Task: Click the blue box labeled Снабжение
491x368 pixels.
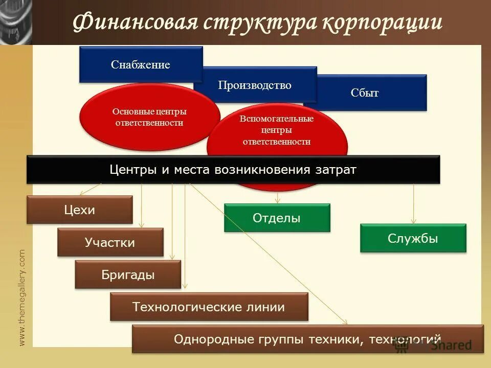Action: tap(140, 64)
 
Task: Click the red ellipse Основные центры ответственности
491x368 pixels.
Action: tap(149, 117)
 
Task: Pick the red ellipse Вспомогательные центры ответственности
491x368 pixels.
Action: tap(277, 130)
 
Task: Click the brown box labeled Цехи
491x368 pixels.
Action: tap(80, 210)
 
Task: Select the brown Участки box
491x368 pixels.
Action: tap(110, 242)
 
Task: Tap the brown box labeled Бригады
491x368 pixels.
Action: tap(128, 274)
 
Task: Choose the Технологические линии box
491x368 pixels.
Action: tap(209, 307)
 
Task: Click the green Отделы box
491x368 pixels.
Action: tap(277, 218)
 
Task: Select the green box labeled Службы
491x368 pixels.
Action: tap(413, 238)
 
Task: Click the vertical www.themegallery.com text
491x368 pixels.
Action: tap(22, 297)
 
